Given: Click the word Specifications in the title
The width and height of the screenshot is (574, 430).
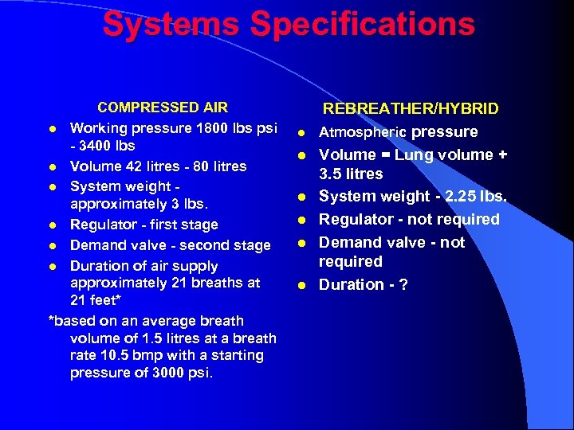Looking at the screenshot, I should (363, 24).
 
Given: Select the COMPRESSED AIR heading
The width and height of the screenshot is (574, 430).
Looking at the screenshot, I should (163, 107).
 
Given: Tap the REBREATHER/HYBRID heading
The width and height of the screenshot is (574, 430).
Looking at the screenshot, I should (411, 109).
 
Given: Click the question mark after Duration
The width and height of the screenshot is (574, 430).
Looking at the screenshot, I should (403, 284).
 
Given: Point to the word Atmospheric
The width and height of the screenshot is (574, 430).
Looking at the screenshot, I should (363, 132).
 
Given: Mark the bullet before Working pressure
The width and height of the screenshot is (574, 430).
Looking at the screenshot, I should (52, 129).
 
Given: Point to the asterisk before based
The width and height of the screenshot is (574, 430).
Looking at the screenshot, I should (52, 321).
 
